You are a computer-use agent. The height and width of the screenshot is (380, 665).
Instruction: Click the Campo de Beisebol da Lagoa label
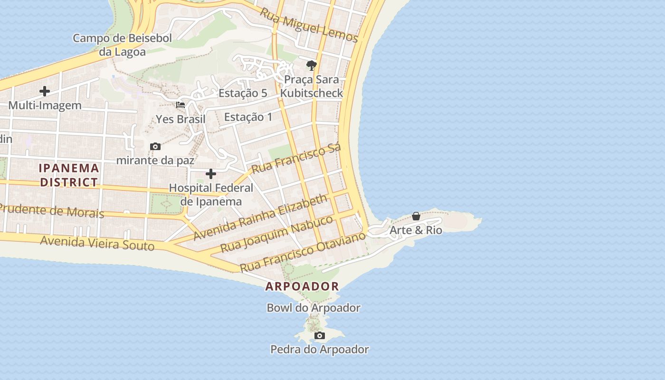[x=122, y=45]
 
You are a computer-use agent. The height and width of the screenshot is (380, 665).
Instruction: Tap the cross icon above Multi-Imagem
[x=45, y=91]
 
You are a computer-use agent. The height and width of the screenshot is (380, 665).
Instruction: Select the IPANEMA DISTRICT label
[x=69, y=175]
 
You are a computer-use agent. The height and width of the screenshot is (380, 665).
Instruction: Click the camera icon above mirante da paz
[x=155, y=146]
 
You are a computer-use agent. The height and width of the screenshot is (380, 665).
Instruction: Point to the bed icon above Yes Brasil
[x=180, y=104]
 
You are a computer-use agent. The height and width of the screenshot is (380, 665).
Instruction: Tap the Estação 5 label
[x=243, y=93]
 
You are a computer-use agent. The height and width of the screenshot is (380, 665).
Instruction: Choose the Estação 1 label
[x=248, y=117]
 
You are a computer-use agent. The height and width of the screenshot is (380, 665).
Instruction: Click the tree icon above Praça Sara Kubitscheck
[x=312, y=66]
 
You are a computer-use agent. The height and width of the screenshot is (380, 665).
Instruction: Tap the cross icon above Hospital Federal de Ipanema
[x=211, y=174]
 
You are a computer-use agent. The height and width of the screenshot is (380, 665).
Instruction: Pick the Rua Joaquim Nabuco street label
[x=277, y=234]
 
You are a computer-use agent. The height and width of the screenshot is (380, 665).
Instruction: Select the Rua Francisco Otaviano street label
[x=303, y=252]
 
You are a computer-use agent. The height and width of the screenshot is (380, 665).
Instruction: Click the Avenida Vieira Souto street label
[x=97, y=243]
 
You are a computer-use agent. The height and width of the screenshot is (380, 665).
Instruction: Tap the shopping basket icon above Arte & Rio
[x=416, y=217]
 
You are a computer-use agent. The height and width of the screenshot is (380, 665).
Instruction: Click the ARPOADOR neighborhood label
[x=302, y=286]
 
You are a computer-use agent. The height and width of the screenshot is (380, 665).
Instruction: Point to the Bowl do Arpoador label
[x=313, y=308]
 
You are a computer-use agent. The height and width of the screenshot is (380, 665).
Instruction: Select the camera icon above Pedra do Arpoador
[x=320, y=336]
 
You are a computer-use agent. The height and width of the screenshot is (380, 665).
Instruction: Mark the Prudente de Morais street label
[x=52, y=210]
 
